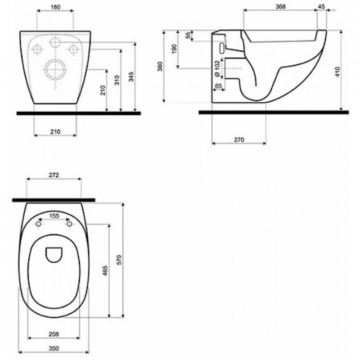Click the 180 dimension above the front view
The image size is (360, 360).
[55, 7]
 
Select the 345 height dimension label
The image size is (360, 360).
[131, 76]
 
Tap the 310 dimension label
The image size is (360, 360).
[117, 80]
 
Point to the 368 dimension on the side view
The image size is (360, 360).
[280, 6]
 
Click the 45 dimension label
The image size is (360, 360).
[322, 6]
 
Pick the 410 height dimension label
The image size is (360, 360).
[337, 72]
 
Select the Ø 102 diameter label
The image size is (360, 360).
[217, 69]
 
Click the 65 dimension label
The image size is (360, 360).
[218, 86]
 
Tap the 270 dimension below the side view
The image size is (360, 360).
[239, 139]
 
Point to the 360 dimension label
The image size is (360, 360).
[160, 66]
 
